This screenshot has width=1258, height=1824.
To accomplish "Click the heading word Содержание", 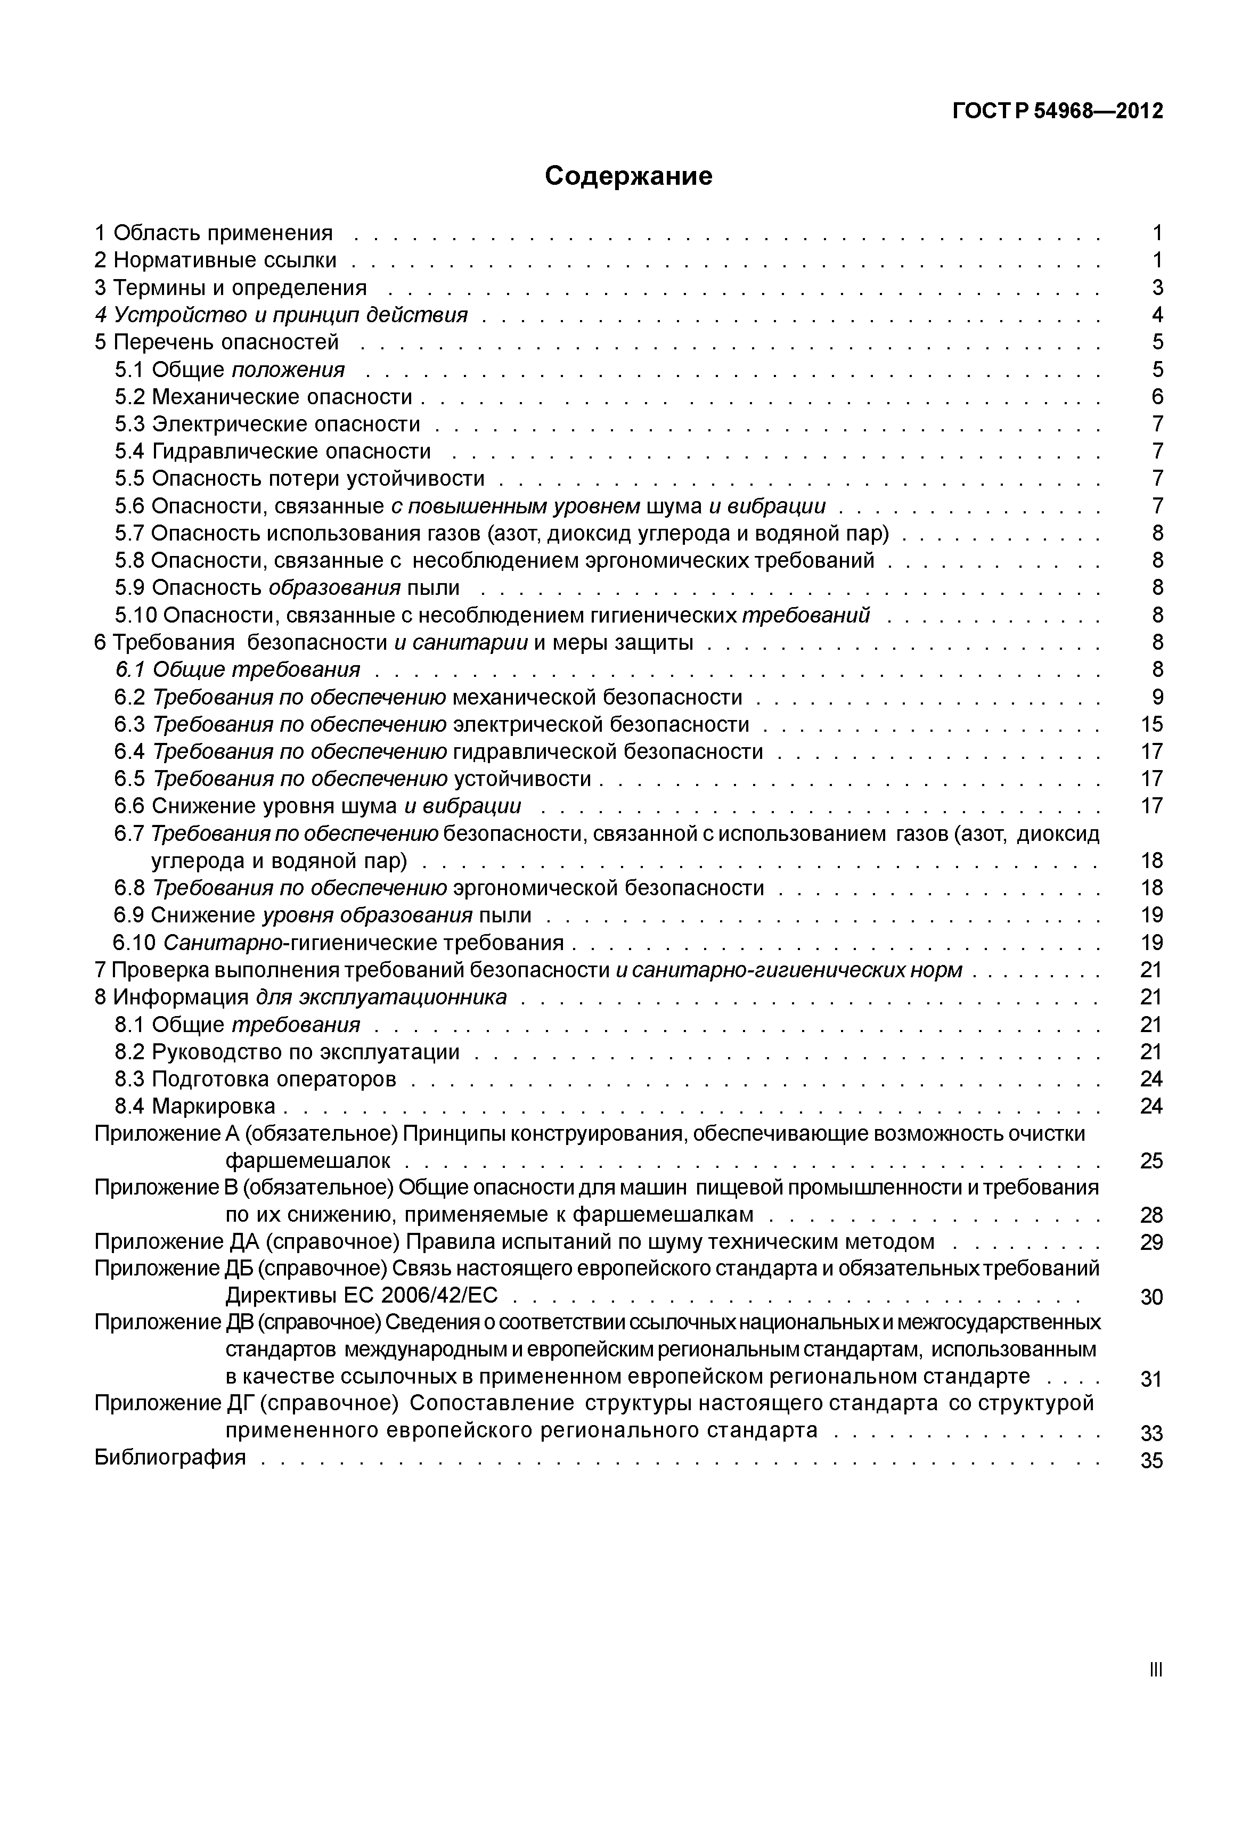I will coord(628,176).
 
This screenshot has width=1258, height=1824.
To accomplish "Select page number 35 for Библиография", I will coord(1151,1461).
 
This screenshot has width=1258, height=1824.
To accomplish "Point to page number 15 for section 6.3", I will coord(1151,724).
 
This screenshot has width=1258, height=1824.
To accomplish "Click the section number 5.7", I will coord(129,534).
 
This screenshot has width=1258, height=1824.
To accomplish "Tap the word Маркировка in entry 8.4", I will coord(214,1106).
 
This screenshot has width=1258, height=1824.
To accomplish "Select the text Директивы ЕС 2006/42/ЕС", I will coord(362,1295).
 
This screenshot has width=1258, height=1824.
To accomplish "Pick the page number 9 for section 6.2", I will coord(1157,697).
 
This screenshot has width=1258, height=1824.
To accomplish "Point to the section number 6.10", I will coord(135,943).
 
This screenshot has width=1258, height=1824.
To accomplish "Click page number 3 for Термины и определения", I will coord(1157,288).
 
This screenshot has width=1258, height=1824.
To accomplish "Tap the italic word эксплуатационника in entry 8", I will coord(402,997).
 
